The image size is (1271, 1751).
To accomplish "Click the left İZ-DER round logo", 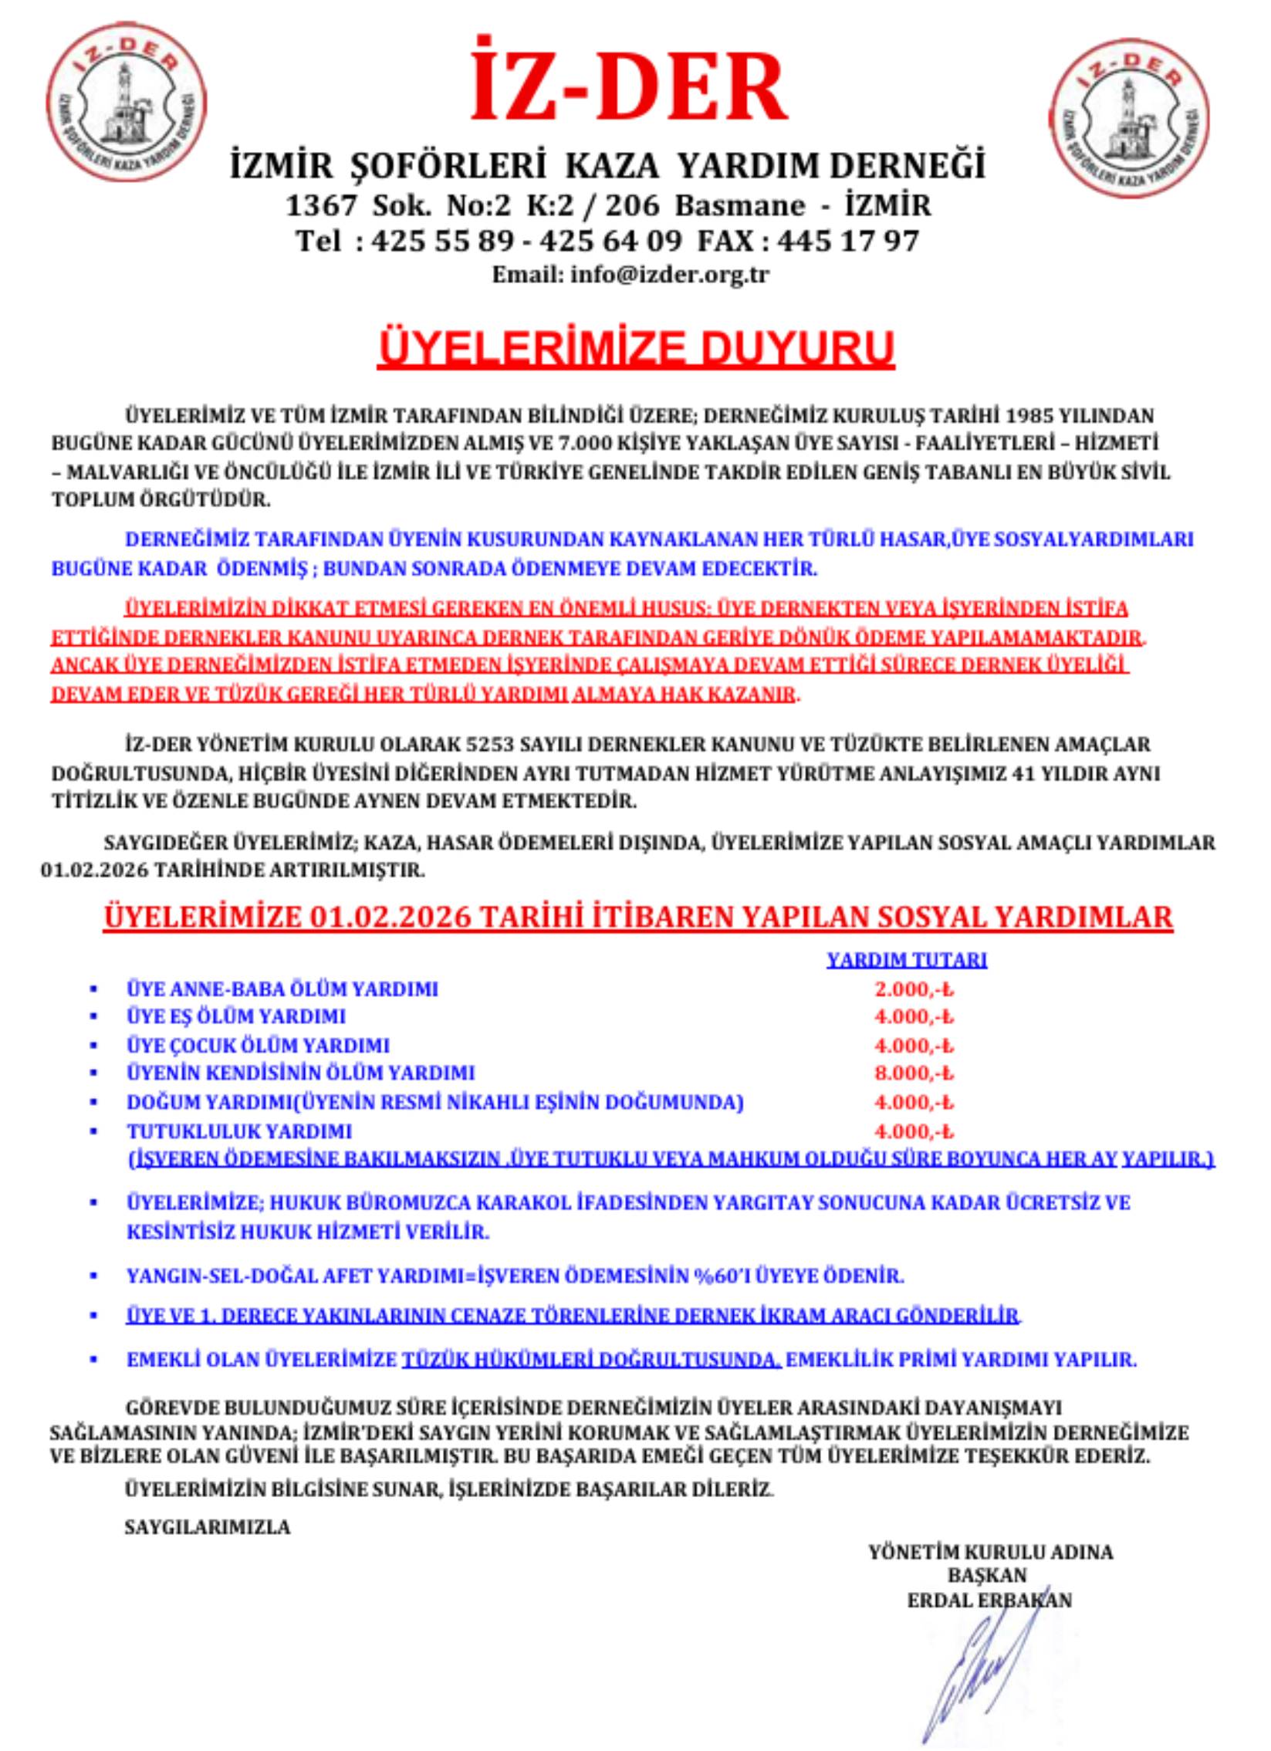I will coord(127,101).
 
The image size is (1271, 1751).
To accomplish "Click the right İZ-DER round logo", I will coord(1131,118).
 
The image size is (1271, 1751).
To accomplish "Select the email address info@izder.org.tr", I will coord(670,275).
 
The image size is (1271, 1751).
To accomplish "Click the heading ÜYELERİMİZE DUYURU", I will coord(636,348).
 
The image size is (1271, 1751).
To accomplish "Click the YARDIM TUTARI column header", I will coord(907,960).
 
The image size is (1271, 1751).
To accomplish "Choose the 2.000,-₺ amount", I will coord(914,989).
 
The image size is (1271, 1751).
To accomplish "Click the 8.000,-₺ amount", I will coord(914,1073).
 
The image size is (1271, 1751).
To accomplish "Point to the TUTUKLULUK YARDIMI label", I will coord(239,1131).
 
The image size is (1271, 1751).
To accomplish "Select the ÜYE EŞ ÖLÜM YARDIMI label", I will coord(236,1017).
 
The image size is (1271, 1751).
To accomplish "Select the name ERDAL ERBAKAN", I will coord(989,1601).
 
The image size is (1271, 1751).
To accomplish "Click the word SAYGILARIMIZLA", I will coord(208,1527).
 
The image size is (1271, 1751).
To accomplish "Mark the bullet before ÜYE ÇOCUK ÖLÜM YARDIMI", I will coord(94,1046).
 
